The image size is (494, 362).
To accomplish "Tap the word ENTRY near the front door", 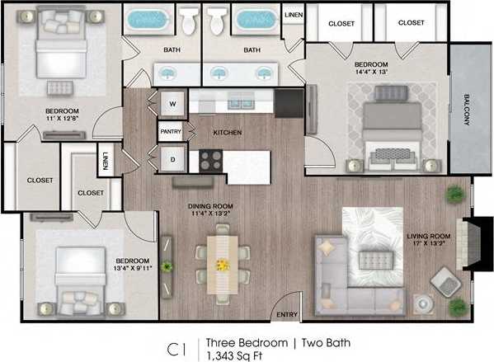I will [287, 314].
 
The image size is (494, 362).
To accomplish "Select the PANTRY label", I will [169, 131].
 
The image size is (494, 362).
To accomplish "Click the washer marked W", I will [173, 104].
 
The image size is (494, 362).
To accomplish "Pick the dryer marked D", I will [173, 158].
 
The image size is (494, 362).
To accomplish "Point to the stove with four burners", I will [210, 160].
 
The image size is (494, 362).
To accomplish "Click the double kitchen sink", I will [240, 103].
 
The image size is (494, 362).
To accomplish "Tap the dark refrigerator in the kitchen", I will [289, 103].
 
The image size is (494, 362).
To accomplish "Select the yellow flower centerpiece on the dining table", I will [221, 265].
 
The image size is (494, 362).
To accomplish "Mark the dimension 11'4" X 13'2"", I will [200, 214].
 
